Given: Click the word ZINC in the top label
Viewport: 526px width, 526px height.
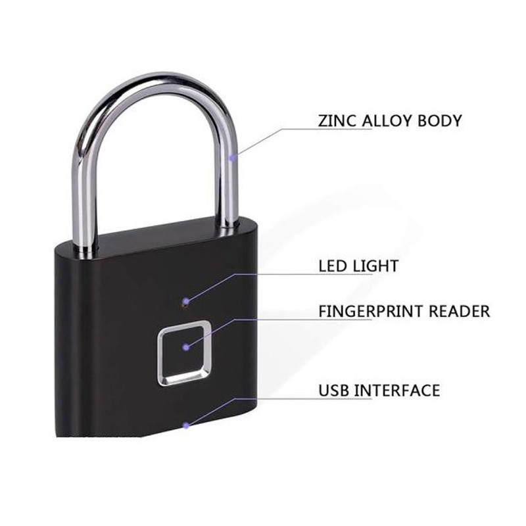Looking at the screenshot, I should [x=336, y=121].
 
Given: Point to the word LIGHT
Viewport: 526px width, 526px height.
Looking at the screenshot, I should [x=375, y=266].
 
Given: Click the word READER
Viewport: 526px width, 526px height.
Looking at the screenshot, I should [x=460, y=311].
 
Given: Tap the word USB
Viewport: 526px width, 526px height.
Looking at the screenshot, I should [x=334, y=390].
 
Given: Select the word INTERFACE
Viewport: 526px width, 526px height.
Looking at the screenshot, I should [x=396, y=390].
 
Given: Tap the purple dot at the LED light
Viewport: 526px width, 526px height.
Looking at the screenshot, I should [x=186, y=300].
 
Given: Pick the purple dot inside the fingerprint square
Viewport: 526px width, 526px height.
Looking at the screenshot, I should [x=187, y=346].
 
